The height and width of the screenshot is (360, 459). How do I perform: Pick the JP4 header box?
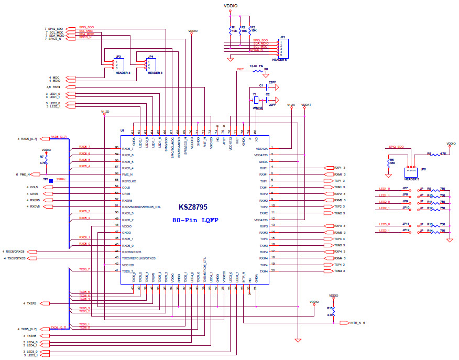(150, 64)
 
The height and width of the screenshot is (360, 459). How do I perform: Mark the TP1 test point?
(51, 181)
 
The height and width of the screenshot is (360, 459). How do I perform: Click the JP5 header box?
(412, 171)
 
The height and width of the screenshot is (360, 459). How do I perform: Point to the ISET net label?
(241, 69)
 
